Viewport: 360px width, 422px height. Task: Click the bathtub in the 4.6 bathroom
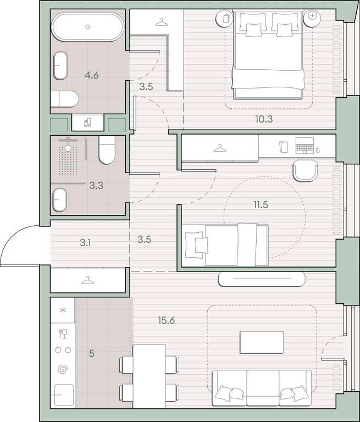(x=87, y=26)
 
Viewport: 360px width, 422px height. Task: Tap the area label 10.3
(x=264, y=119)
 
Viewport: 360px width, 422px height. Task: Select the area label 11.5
(x=261, y=204)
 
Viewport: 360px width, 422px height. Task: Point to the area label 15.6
(x=167, y=320)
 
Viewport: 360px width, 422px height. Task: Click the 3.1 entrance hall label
(x=85, y=243)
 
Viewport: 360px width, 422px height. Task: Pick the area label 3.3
(x=96, y=185)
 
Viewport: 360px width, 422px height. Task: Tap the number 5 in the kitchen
(x=92, y=353)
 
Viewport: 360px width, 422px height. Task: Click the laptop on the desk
(x=304, y=146)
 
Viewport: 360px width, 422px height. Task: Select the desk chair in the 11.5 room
(x=305, y=171)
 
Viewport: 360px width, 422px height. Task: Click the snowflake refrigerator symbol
(x=63, y=310)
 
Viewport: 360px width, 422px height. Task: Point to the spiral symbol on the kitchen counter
(x=63, y=369)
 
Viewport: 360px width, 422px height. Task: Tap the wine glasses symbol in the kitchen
(x=63, y=334)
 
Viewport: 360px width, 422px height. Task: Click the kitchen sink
(x=64, y=395)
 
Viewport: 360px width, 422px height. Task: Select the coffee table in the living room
(x=262, y=342)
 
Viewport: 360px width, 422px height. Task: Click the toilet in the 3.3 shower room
(x=107, y=149)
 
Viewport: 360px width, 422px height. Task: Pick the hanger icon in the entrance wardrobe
(x=88, y=281)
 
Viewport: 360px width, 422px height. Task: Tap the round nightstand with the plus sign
(x=312, y=18)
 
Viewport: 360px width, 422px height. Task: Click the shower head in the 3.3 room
(x=68, y=148)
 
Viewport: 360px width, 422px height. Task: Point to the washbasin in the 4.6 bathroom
(x=60, y=65)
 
